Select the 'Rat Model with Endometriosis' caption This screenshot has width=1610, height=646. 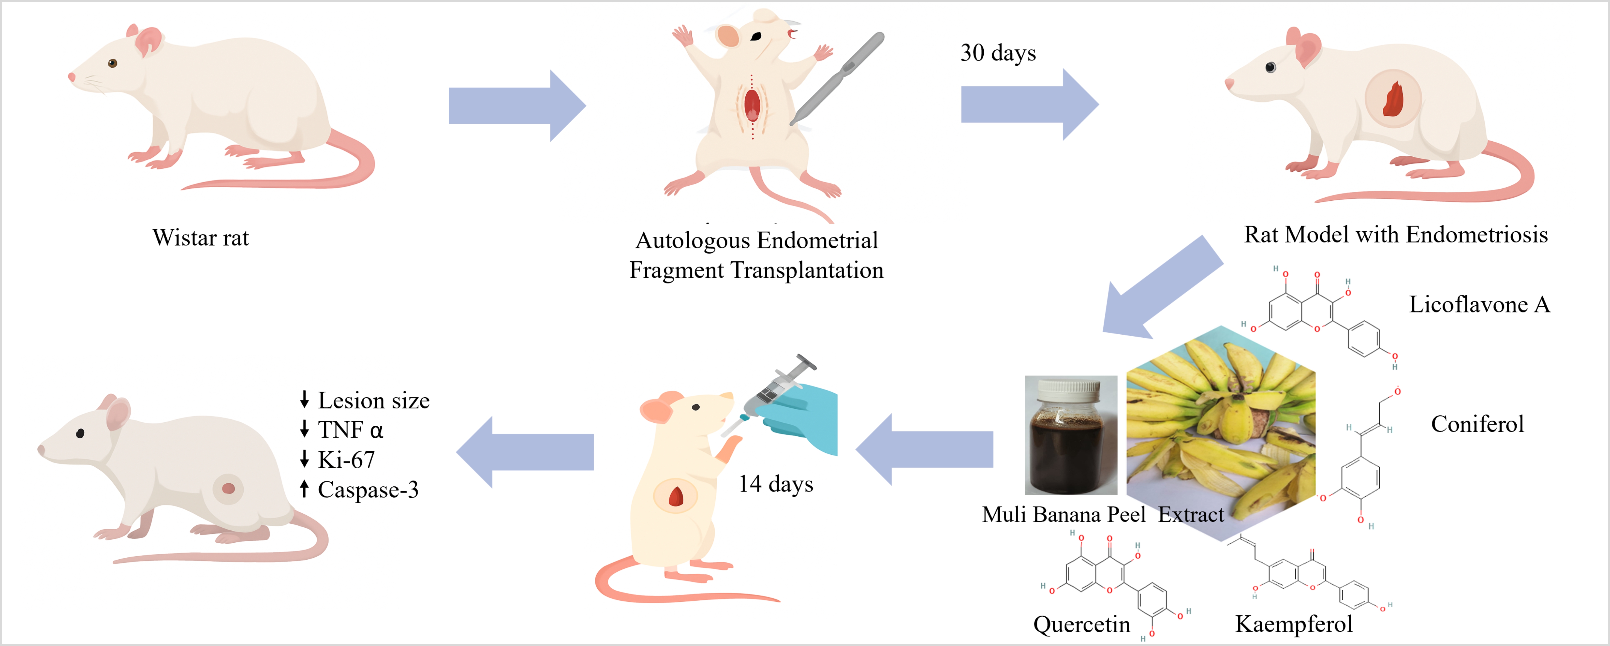1396,235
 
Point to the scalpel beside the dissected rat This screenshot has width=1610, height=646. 838,78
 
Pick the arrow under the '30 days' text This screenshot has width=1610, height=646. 1029,104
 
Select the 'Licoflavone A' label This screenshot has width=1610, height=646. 1479,305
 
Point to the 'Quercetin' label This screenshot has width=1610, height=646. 1081,624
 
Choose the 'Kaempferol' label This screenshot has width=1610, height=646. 1293,624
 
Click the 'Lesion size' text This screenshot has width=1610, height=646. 373,400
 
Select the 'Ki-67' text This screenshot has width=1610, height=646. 346,460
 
